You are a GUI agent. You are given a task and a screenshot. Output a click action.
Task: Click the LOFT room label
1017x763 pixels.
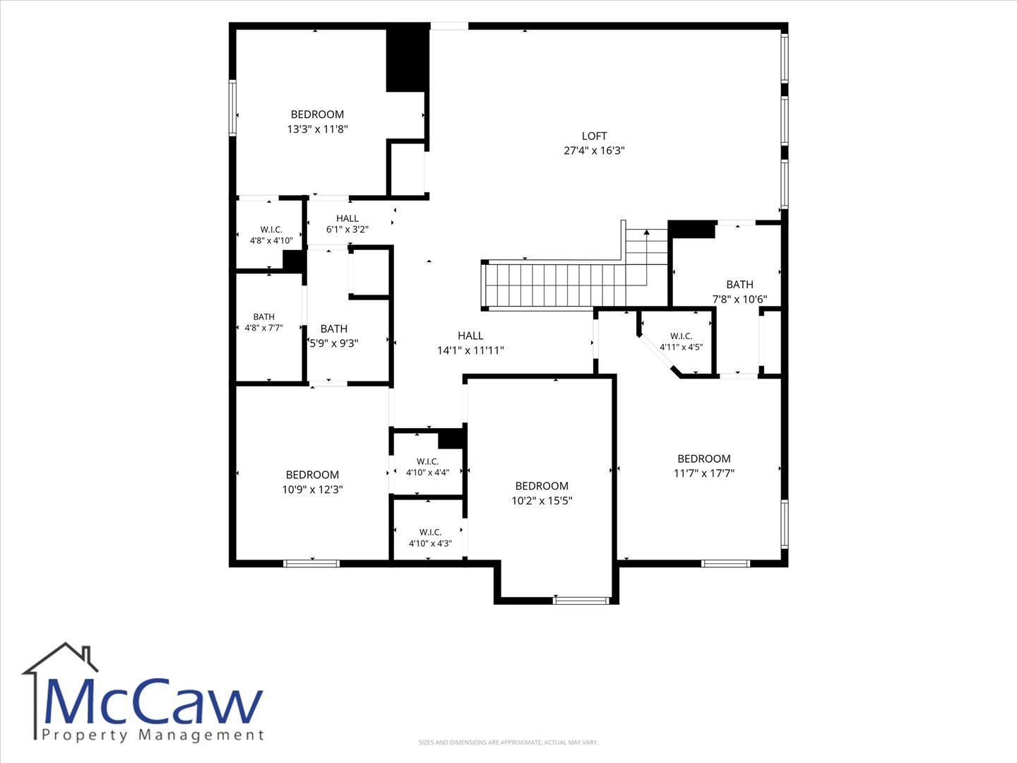pos(594,136)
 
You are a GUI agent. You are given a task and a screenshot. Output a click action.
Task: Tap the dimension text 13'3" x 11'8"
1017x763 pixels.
pos(317,129)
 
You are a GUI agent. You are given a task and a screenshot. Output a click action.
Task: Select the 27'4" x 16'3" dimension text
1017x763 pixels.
pos(594,150)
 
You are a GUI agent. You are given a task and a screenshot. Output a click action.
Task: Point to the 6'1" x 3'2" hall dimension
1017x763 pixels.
pos(347,230)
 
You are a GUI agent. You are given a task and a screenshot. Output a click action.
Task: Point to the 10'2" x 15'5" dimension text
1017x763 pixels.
pos(542,501)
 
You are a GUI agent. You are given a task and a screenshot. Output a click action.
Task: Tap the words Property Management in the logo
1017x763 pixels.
pos(153,735)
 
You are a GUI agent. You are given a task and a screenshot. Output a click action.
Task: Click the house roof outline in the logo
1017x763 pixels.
pos(60,658)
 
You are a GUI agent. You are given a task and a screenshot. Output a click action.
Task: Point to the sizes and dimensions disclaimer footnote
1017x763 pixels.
pos(509,743)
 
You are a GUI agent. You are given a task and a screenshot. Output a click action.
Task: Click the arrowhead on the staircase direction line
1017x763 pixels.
pos(646,232)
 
